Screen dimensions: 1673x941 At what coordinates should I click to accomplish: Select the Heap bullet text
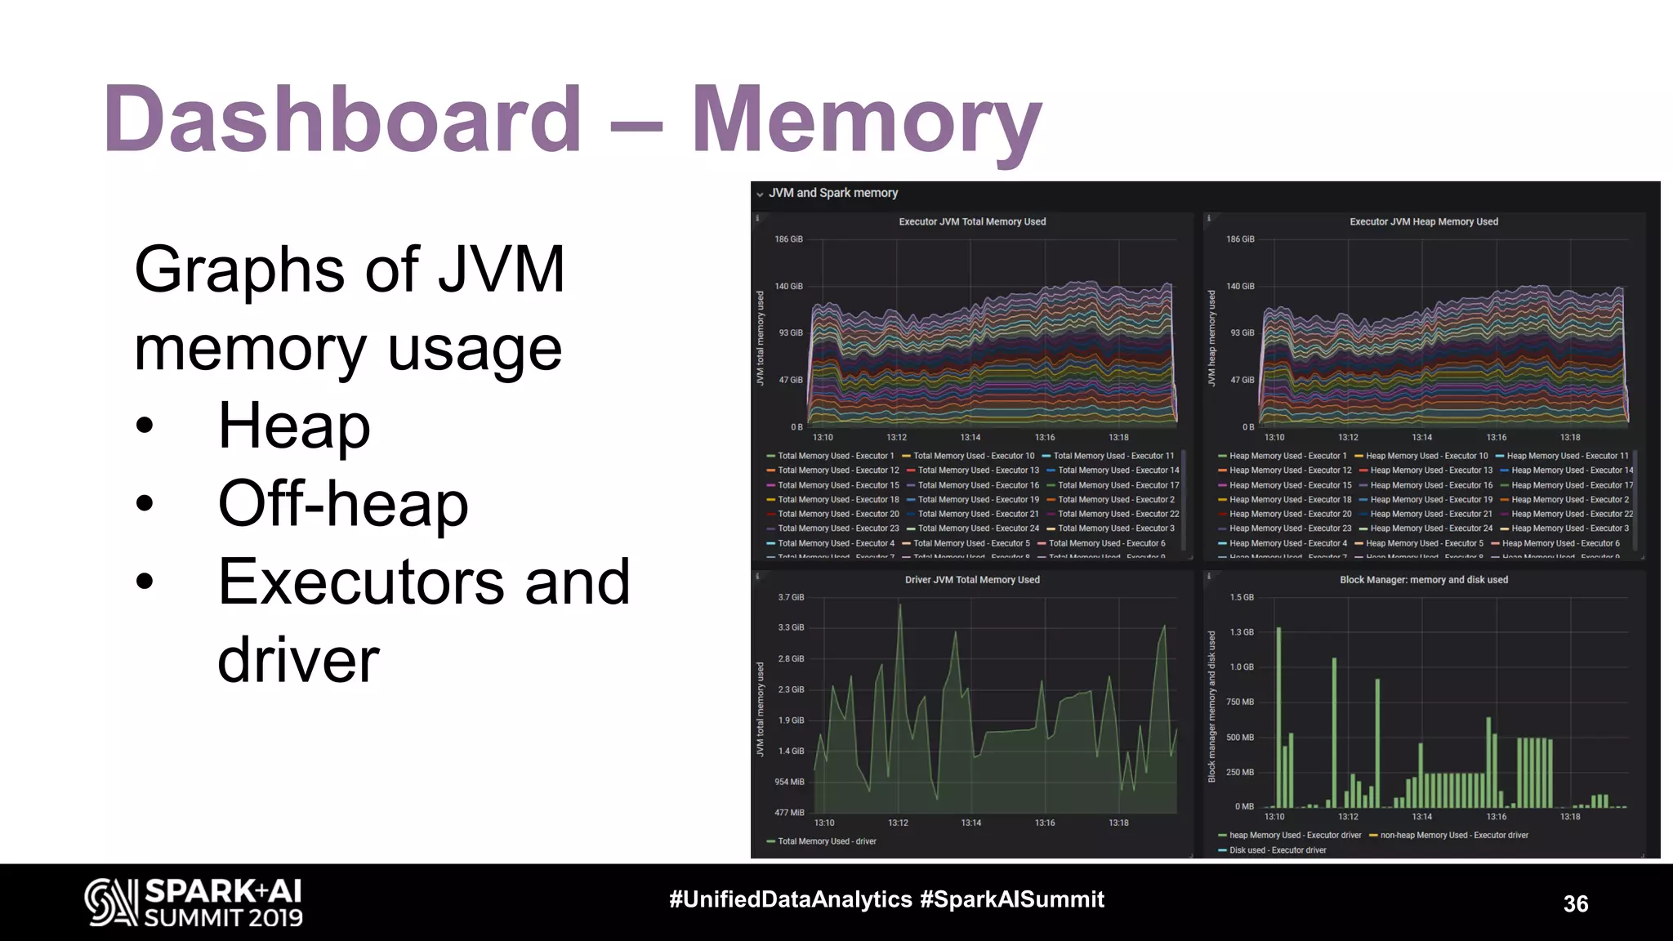(x=294, y=426)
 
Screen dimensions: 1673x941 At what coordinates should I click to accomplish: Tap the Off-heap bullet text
(x=343, y=503)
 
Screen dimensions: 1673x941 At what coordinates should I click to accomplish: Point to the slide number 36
(x=1575, y=903)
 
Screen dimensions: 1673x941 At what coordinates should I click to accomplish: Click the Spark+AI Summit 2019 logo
(x=194, y=903)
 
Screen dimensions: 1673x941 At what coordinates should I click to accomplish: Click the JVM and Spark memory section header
(x=832, y=193)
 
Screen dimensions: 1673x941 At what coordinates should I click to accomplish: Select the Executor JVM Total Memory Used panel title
(x=972, y=221)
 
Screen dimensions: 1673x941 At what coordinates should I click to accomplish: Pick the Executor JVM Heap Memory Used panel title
(x=1423, y=221)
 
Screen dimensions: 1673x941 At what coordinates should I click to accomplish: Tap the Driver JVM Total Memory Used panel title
(x=972, y=580)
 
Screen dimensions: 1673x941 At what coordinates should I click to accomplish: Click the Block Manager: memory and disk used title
(x=1423, y=580)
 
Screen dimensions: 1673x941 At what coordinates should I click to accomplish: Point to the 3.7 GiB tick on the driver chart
(x=791, y=597)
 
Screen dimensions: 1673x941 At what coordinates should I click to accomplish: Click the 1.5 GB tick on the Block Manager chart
(x=1242, y=597)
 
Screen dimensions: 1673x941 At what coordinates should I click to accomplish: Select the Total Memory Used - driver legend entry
(x=826, y=841)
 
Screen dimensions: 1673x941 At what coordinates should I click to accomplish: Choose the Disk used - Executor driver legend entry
(x=1277, y=850)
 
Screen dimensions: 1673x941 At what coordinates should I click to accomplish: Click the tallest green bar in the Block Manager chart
(x=1278, y=719)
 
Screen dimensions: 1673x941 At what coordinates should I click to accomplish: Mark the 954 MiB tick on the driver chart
(x=789, y=782)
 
